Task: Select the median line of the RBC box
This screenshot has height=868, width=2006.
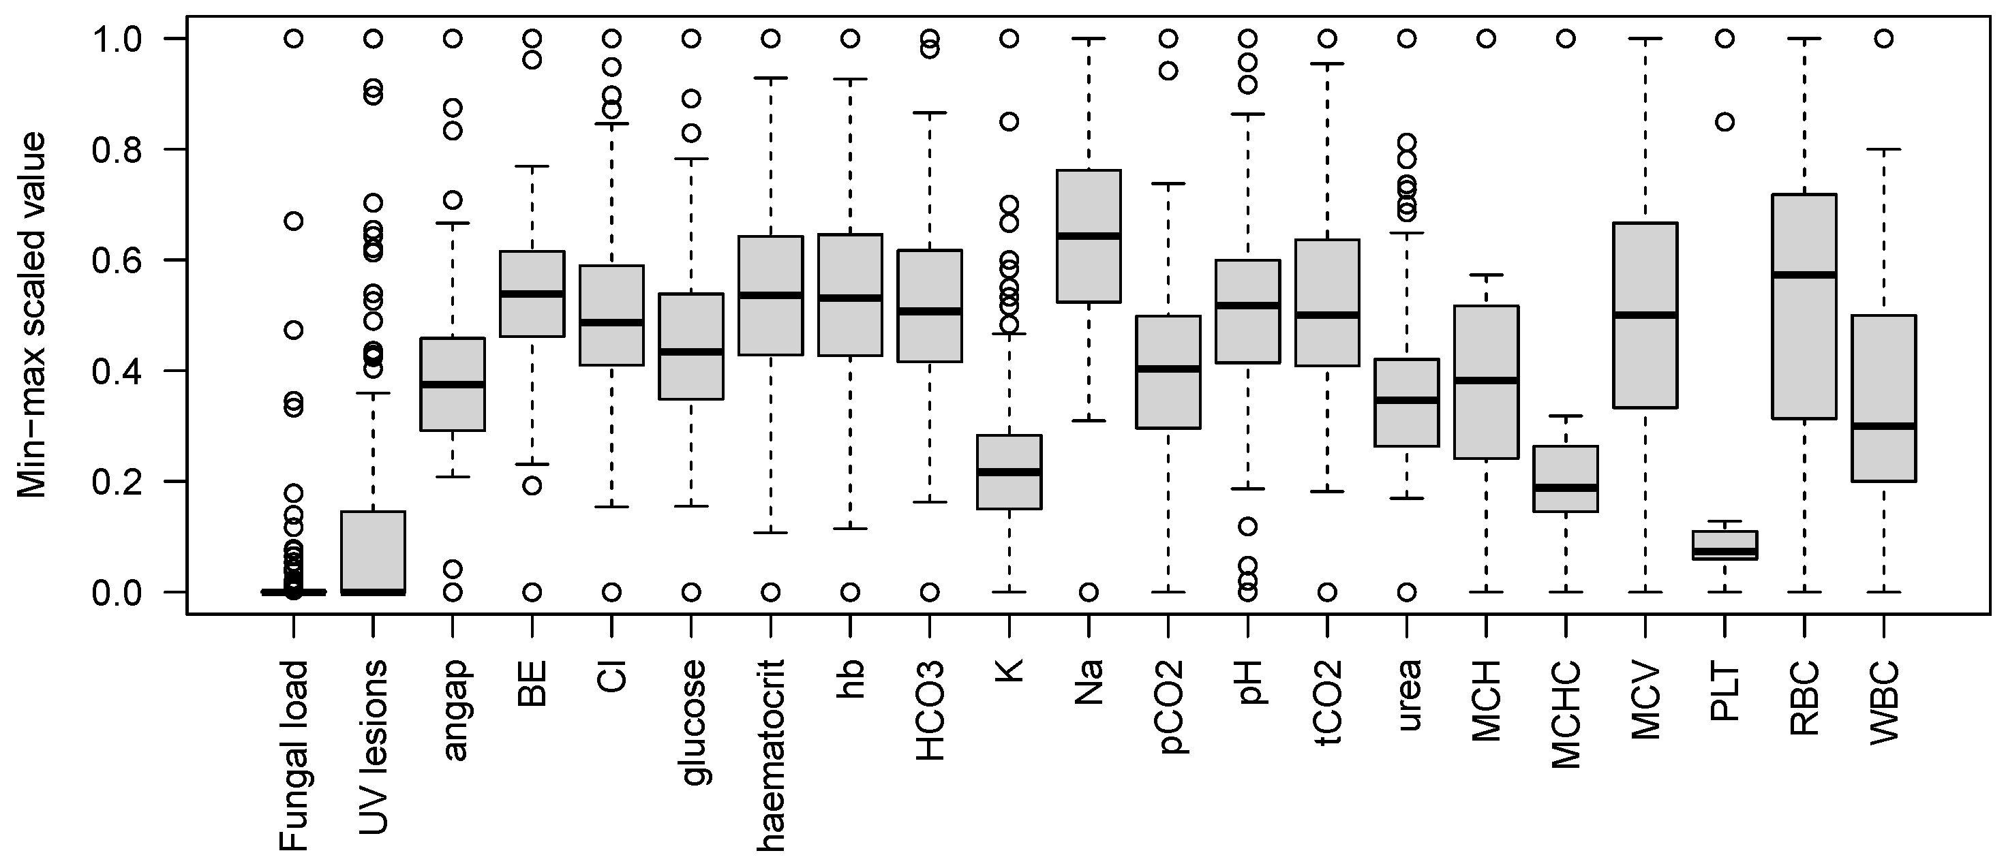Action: coord(1804,275)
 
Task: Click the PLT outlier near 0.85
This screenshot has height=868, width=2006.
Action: coord(1725,122)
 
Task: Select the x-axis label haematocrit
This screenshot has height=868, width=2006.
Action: coord(771,755)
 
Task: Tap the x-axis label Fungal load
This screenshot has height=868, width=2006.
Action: coord(294,755)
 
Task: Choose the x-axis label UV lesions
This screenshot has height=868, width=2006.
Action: coord(373,747)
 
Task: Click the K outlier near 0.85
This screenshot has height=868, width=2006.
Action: coord(1009,122)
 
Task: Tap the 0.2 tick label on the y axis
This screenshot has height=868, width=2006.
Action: coord(117,482)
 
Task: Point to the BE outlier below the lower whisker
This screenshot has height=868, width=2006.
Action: coord(532,486)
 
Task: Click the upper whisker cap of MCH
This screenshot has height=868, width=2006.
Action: coord(1486,275)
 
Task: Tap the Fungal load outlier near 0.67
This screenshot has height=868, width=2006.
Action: coord(294,221)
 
